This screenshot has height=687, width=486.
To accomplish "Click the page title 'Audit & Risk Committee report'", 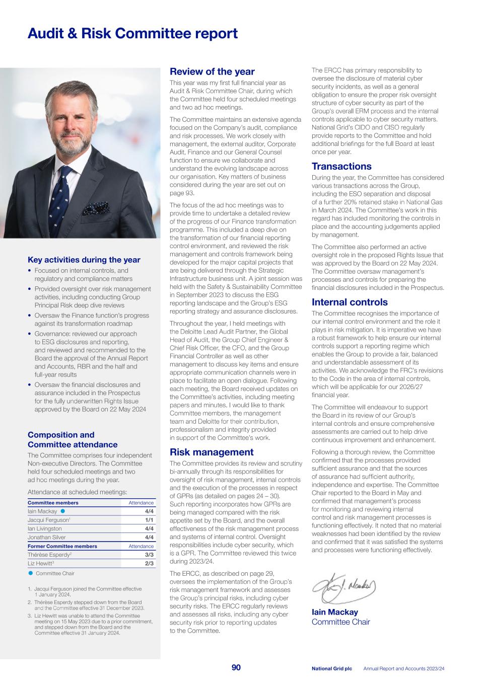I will tap(132, 34).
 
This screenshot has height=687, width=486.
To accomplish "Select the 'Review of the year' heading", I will tap(212, 72).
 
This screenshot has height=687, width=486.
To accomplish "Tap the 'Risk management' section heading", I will tap(212, 452).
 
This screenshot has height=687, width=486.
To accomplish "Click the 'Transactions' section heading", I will tap(341, 167).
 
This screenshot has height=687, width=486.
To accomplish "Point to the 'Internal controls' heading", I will tap(350, 302).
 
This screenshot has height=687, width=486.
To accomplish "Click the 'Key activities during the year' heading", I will tap(84, 260).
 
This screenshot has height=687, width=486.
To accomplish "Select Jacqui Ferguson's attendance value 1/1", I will tap(149, 520).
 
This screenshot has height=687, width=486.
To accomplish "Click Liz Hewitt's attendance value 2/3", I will tap(149, 563).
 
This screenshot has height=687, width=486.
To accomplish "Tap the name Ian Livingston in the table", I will tap(45, 528).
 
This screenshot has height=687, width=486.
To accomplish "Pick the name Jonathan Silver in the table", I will tap(46, 537).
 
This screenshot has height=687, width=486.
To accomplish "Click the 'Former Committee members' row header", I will tap(62, 546).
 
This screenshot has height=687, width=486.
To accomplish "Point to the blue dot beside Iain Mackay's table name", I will tap(63, 511).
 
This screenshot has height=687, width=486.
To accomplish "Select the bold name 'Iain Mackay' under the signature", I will tap(335, 613).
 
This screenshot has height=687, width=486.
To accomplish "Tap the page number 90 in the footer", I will tap(236, 668).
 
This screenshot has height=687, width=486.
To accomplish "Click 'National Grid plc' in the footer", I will tap(331, 668).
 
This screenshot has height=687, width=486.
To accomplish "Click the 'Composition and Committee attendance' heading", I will tap(73, 440).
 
